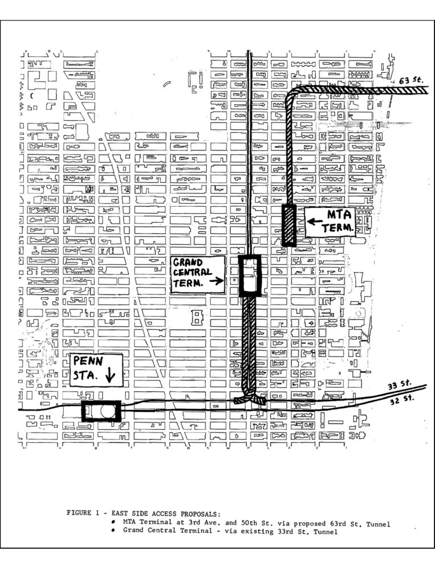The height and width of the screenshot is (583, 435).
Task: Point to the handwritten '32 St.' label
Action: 401,400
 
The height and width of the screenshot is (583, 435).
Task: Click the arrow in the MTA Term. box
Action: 315,222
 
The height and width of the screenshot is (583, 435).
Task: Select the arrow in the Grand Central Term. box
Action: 216,281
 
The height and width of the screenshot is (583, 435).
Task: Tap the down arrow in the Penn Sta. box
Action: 110,375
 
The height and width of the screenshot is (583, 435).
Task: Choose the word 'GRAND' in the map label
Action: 188,262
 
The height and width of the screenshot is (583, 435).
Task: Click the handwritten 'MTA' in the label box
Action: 339,215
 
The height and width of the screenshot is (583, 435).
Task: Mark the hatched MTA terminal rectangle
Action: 289,225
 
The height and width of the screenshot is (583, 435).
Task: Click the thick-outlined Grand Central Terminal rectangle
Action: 250,276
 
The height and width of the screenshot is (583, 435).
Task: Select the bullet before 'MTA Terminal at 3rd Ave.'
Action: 113,522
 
